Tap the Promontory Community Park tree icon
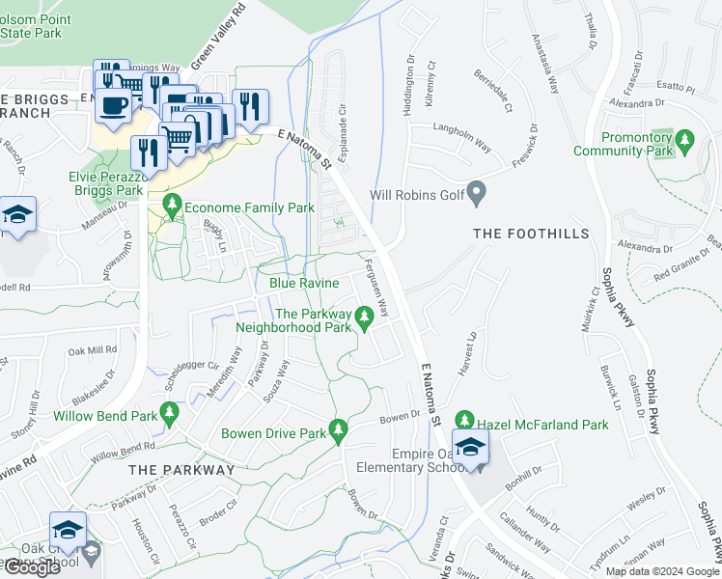[x=684, y=141]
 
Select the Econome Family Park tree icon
[x=173, y=205]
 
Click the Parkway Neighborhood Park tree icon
[x=364, y=316]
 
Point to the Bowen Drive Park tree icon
[x=338, y=429]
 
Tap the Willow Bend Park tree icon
[x=170, y=414]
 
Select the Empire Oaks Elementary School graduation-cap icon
[x=470, y=448]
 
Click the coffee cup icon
[x=113, y=104]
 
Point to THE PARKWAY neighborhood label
[x=181, y=470]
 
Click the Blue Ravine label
[x=304, y=283]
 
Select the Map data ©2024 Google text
[x=661, y=571]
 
